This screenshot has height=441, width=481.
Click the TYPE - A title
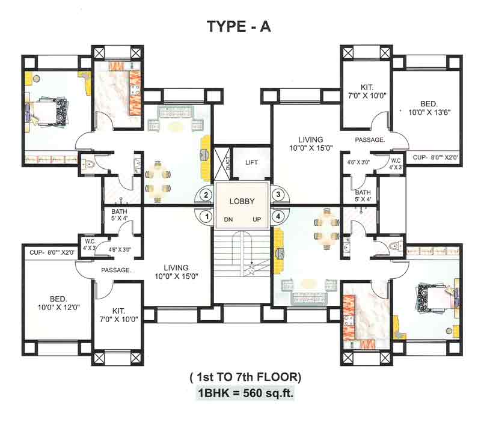click(x=239, y=27)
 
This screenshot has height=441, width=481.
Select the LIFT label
click(x=251, y=163)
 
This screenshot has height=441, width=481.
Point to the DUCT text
click(x=228, y=162)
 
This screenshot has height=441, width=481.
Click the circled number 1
click(x=206, y=216)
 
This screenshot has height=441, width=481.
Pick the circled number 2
click(x=206, y=195)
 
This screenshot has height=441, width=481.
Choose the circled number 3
click(x=278, y=195)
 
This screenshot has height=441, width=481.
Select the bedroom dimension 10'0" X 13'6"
click(x=429, y=112)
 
